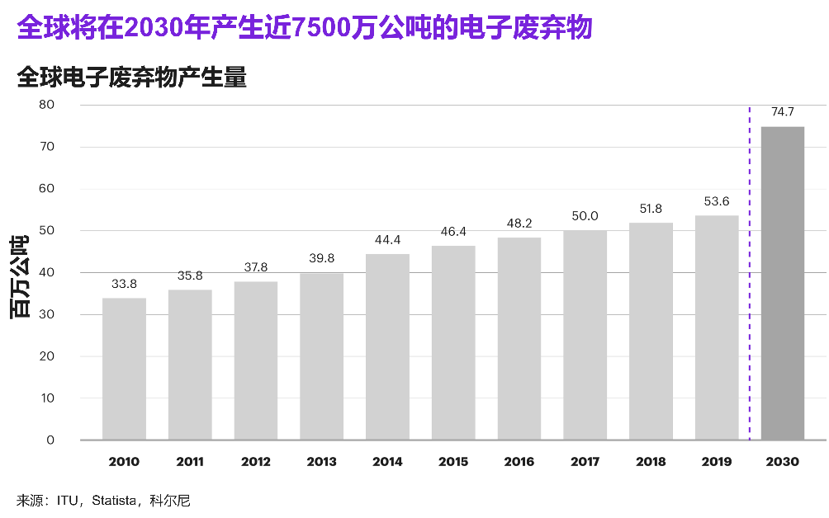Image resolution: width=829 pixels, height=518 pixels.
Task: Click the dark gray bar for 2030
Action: [x=782, y=283]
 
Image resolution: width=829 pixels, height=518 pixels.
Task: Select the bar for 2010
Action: [x=124, y=369]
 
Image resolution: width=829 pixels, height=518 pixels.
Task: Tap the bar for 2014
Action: [x=387, y=346]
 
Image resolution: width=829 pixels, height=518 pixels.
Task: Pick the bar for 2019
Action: [x=717, y=327]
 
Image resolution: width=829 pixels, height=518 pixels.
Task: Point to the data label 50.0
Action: [x=585, y=216]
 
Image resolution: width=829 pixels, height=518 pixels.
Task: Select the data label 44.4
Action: [x=387, y=240]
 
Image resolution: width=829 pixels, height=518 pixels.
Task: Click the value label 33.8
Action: [x=124, y=284]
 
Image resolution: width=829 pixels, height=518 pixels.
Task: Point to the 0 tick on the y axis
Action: [x=50, y=440]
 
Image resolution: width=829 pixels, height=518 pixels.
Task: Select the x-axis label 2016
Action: [x=519, y=462]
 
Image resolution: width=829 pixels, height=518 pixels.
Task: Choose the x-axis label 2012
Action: [x=255, y=462]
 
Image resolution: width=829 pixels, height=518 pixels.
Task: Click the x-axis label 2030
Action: [x=782, y=462]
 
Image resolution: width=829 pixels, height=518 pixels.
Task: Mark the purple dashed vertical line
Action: [x=749, y=272]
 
